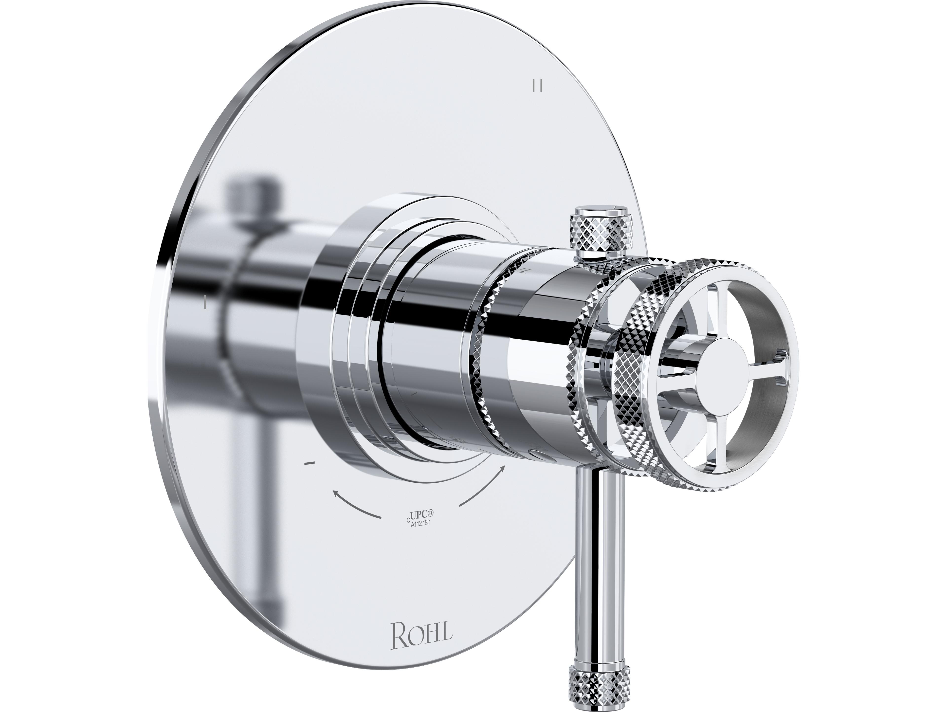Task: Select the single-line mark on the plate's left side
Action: [x=206, y=302]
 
